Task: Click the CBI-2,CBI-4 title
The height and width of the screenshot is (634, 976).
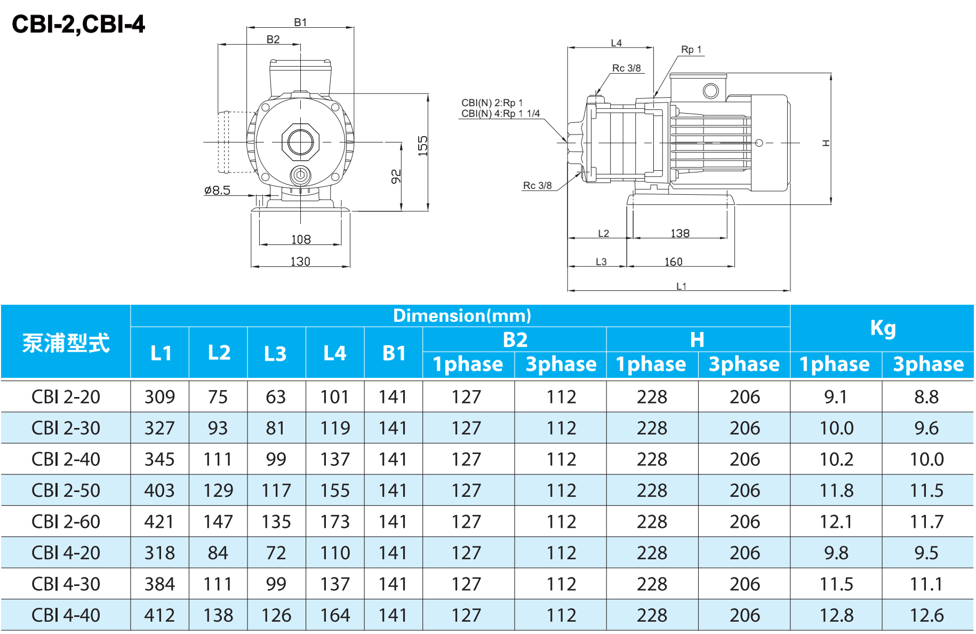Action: (78, 24)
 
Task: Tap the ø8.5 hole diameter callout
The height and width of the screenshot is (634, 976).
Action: (217, 191)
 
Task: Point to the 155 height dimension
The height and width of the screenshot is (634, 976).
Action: (423, 146)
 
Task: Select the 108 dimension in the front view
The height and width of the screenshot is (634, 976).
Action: (301, 240)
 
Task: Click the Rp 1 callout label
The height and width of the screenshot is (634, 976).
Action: (691, 50)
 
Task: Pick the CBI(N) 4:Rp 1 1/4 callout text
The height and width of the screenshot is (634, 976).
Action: (500, 114)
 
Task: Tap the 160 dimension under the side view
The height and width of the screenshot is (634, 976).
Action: (673, 262)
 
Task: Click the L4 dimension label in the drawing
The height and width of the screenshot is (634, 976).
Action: (616, 43)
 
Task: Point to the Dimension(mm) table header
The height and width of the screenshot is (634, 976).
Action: (462, 316)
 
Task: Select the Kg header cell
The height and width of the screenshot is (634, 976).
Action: (883, 328)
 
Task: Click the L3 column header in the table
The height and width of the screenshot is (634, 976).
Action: (275, 353)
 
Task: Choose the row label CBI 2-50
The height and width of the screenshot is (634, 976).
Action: (66, 490)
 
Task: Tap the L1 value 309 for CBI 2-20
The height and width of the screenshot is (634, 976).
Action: (159, 397)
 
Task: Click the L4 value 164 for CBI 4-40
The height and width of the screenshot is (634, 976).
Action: (335, 615)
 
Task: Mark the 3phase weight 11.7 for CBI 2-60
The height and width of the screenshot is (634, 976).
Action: (926, 522)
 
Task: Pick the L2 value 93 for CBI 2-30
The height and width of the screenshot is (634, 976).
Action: (218, 428)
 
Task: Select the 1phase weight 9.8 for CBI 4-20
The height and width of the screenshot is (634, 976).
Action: (836, 553)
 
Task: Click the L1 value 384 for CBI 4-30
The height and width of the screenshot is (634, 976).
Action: (159, 584)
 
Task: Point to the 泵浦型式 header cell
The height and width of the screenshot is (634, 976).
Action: (66, 343)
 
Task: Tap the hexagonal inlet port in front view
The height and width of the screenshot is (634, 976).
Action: (300, 142)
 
